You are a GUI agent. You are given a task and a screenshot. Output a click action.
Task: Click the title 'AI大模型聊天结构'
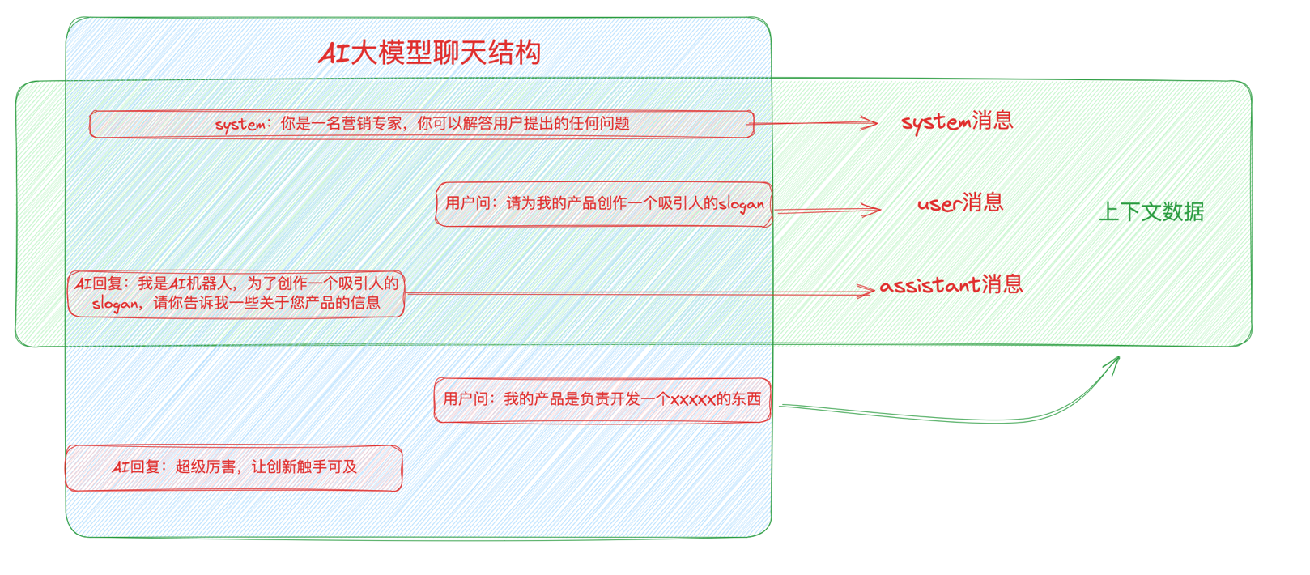[x=430, y=53]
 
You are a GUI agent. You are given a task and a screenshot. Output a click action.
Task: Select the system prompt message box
[x=421, y=124]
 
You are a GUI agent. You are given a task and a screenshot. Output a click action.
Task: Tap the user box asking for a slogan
[x=604, y=204]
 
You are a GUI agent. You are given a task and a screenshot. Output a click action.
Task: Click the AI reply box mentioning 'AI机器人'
[x=236, y=293]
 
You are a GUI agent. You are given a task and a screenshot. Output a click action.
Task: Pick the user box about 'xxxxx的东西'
[x=602, y=399]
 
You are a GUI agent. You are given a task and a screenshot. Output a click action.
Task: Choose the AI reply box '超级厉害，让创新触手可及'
[x=234, y=467]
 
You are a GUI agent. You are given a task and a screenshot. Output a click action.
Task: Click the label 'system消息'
[x=957, y=121]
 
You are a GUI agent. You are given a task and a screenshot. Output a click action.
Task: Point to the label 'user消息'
[x=960, y=202]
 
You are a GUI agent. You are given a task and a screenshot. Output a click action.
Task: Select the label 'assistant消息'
[x=951, y=285]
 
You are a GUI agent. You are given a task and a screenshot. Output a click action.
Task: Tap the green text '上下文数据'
[x=1151, y=212]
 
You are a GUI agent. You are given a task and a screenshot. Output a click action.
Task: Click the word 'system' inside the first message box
[x=240, y=125]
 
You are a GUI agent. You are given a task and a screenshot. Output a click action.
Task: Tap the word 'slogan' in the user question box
[x=742, y=204]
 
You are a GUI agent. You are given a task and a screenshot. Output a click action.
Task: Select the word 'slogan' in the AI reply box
[x=115, y=305]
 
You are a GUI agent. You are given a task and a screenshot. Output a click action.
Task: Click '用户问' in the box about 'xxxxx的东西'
[x=466, y=399]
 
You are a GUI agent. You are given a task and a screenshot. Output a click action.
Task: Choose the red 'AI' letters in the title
[x=334, y=54]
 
